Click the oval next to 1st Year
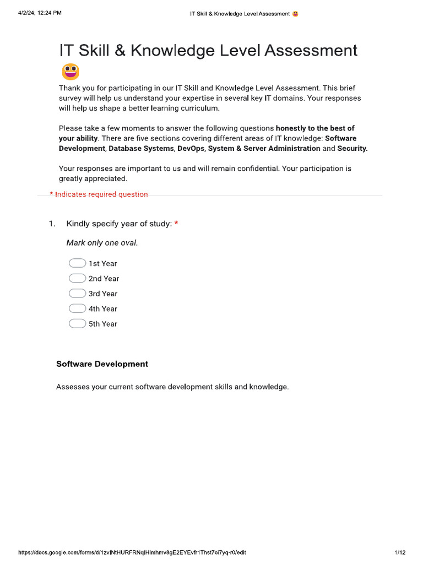pyautogui.click(x=77, y=263)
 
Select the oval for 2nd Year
pyautogui.click(x=77, y=278)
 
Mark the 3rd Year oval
pyautogui.click(x=77, y=294)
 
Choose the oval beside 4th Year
pyautogui.click(x=77, y=308)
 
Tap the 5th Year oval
pyautogui.click(x=77, y=323)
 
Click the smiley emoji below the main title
pyautogui.click(x=70, y=72)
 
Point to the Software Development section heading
pyautogui.click(x=102, y=364)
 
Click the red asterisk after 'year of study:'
pyautogui.click(x=176, y=224)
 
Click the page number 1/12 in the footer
pyautogui.click(x=400, y=552)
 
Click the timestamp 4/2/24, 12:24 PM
pyautogui.click(x=40, y=13)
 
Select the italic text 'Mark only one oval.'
pyautogui.click(x=102, y=243)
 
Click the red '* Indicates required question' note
pyautogui.click(x=99, y=194)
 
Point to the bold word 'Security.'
pyautogui.click(x=352, y=149)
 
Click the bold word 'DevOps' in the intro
pyautogui.click(x=191, y=149)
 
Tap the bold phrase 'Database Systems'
pyautogui.click(x=140, y=149)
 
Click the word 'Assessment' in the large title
pyautogui.click(x=311, y=51)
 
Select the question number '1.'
pyautogui.click(x=52, y=224)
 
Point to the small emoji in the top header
pyautogui.click(x=296, y=13)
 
